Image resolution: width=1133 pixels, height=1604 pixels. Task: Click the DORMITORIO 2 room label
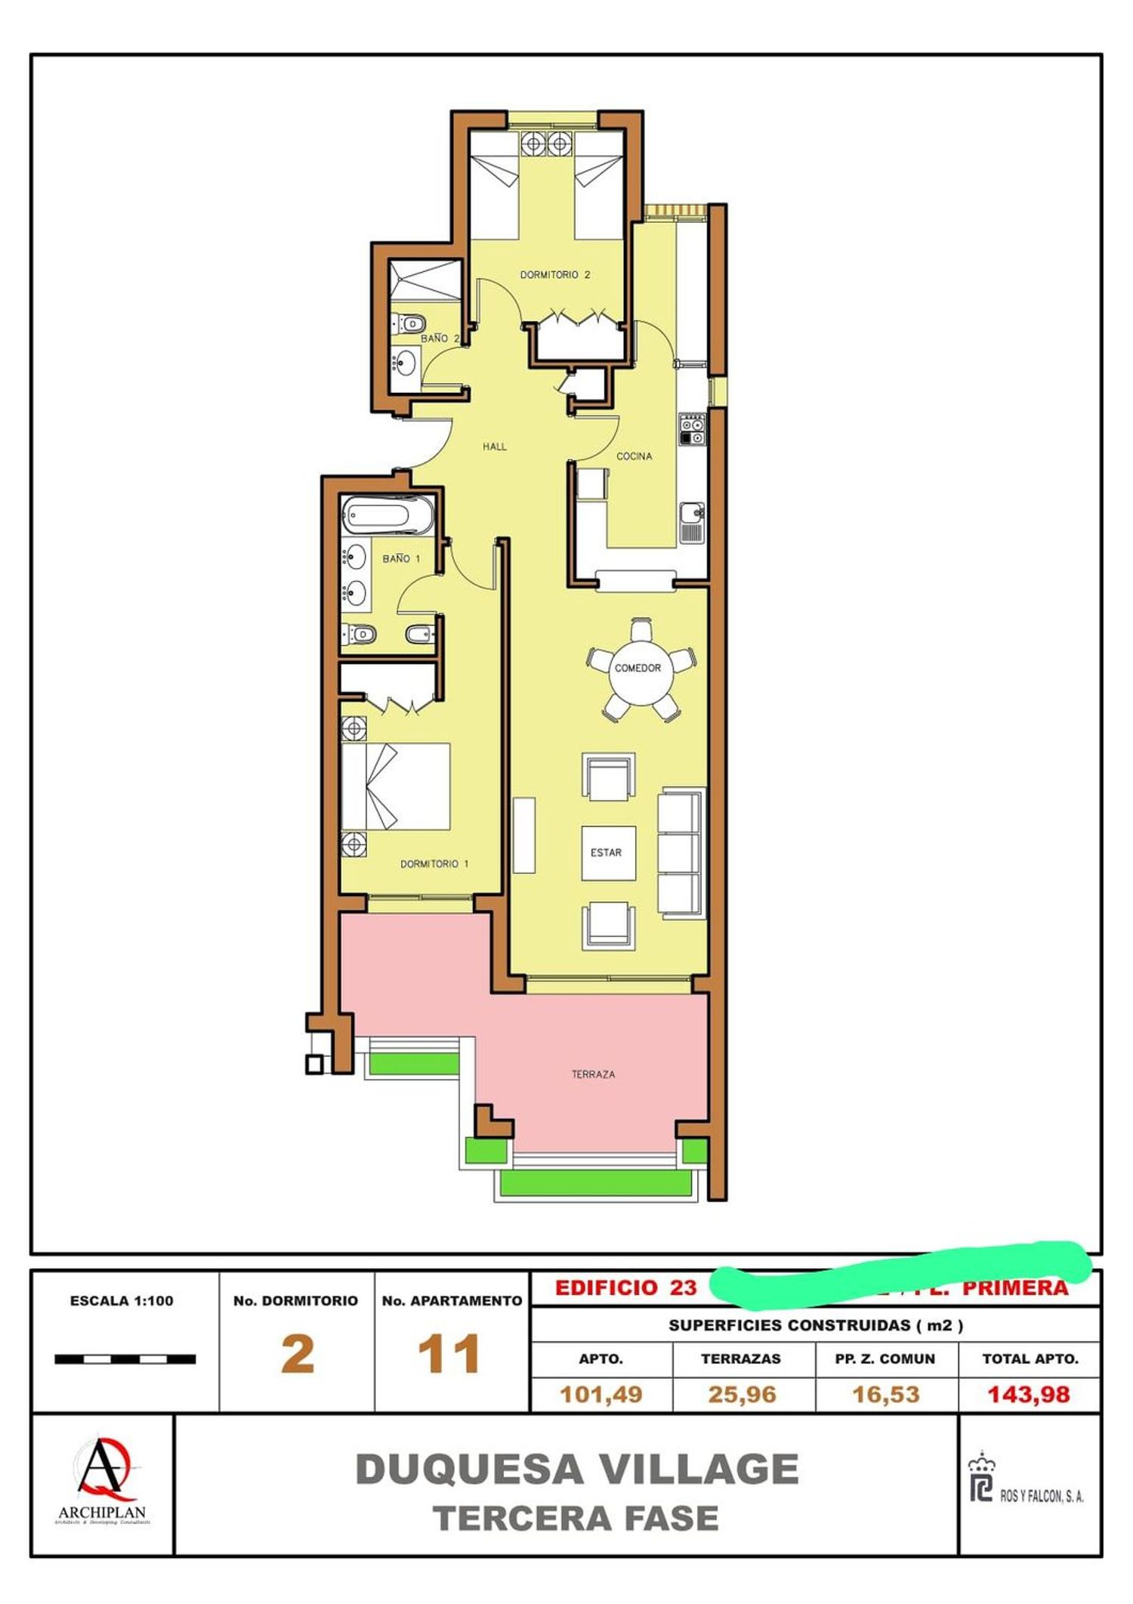click(554, 275)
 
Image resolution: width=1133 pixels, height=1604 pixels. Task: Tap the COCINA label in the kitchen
click(634, 456)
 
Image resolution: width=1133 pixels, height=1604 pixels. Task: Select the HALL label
click(495, 447)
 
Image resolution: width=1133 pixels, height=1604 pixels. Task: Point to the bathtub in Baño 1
click(387, 516)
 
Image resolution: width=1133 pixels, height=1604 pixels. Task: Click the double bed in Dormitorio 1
click(396, 787)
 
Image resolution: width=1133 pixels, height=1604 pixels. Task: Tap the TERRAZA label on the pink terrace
click(593, 1074)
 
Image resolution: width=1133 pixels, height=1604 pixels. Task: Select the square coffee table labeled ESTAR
click(607, 853)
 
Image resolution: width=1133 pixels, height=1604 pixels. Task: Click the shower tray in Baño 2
click(424, 280)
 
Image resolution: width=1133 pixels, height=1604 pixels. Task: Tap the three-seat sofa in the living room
click(681, 853)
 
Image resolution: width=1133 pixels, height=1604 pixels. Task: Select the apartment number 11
click(449, 1355)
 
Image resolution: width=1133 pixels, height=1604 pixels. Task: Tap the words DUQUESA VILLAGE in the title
click(576, 1469)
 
